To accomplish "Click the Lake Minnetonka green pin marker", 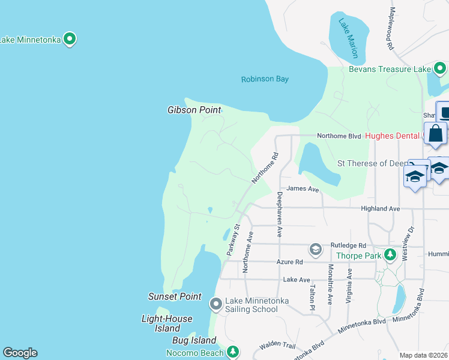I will pos(70,40).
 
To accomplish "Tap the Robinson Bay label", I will pos(265,79).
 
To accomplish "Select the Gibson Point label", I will pos(194,110).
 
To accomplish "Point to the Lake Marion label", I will pos(348,38).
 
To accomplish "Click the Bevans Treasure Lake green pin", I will pos(440,69).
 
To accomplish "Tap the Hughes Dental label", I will pos(392,136).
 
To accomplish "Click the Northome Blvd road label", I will pos(339,136).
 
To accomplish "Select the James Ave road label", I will pos(303,188).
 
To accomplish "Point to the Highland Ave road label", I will pos(380,208).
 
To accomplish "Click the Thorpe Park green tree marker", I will pos(390,255).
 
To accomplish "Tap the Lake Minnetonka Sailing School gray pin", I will pos(216,304).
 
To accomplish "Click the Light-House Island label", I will pos(167,323).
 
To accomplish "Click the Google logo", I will pos(20,353).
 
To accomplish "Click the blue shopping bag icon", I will pos(435,134).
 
